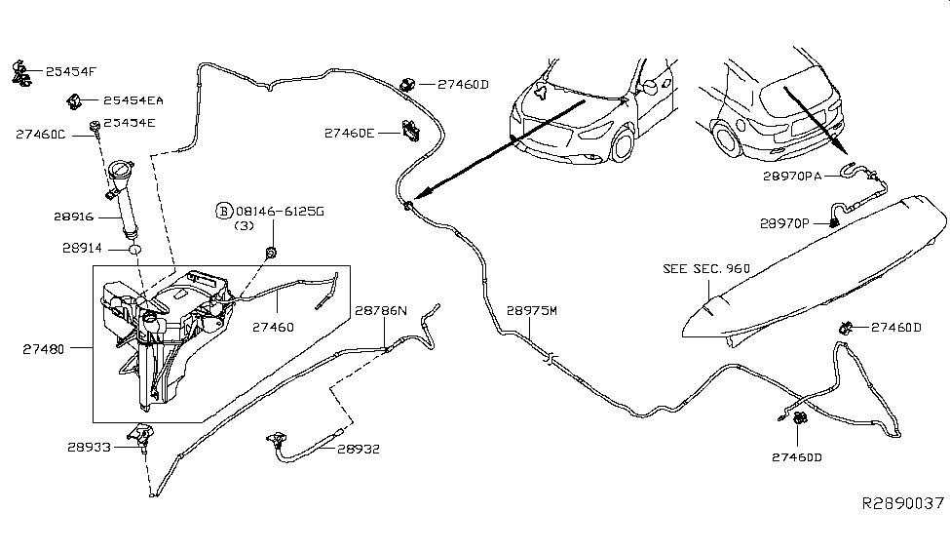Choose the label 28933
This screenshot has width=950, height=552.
(x=91, y=447)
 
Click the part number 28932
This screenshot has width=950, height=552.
(x=359, y=450)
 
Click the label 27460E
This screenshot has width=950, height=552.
(x=350, y=132)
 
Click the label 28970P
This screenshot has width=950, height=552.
(x=784, y=223)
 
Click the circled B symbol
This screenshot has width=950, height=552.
(x=223, y=211)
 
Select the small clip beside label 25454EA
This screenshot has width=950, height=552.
(x=74, y=99)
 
